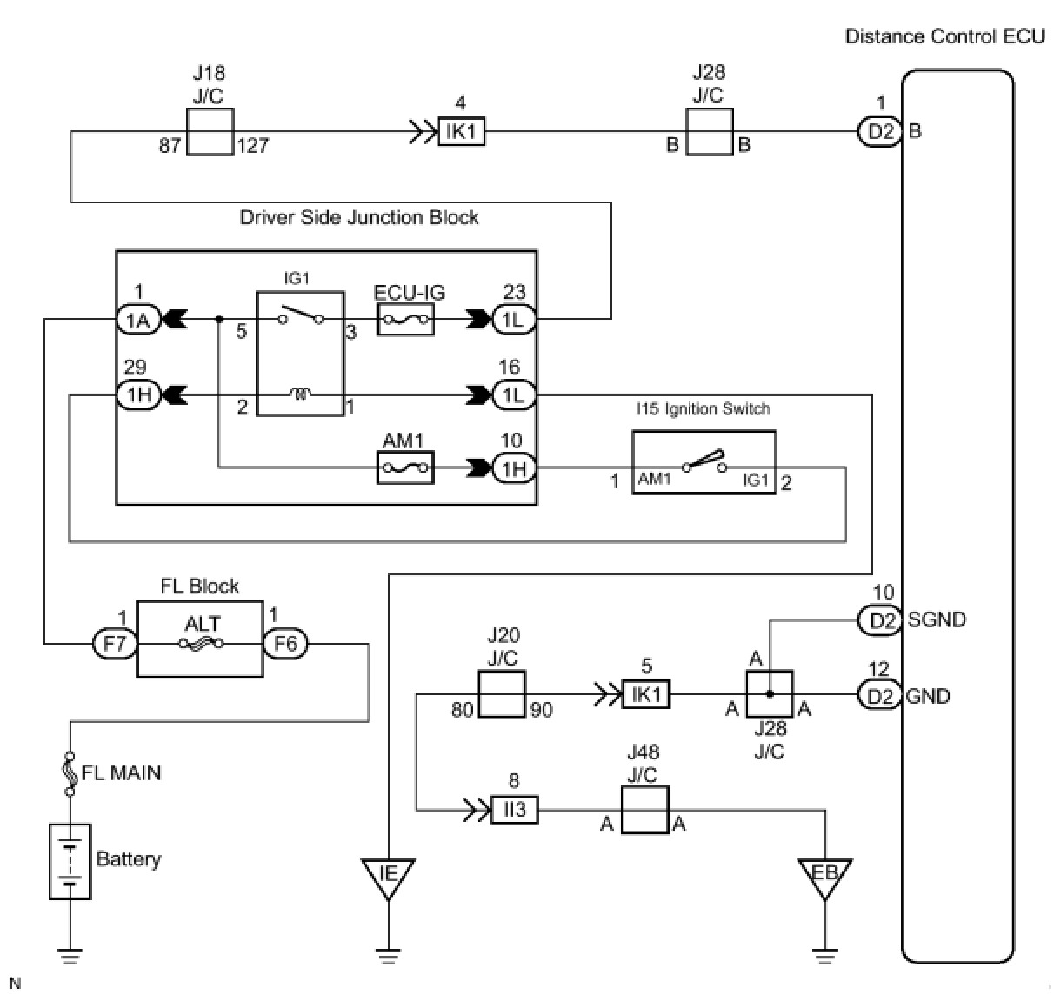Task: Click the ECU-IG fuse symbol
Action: coord(404,319)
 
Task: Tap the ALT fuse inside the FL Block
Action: coord(200,644)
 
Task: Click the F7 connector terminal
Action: coord(115,644)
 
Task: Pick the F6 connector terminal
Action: coord(285,644)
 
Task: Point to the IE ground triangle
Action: coord(388,875)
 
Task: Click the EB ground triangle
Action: coord(824,875)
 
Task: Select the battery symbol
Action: coord(70,860)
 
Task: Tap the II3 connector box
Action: coord(515,810)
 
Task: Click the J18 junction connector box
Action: coord(210,132)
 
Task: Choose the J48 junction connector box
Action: coord(644,811)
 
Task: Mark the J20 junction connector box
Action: coord(503,694)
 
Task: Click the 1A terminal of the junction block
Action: coord(138,320)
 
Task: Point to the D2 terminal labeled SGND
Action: coord(880,620)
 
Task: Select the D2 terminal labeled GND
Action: coord(880,695)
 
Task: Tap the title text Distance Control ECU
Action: coord(944,36)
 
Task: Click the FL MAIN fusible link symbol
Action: coord(70,772)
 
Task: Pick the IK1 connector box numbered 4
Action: coord(461,132)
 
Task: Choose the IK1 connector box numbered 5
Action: coord(646,694)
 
